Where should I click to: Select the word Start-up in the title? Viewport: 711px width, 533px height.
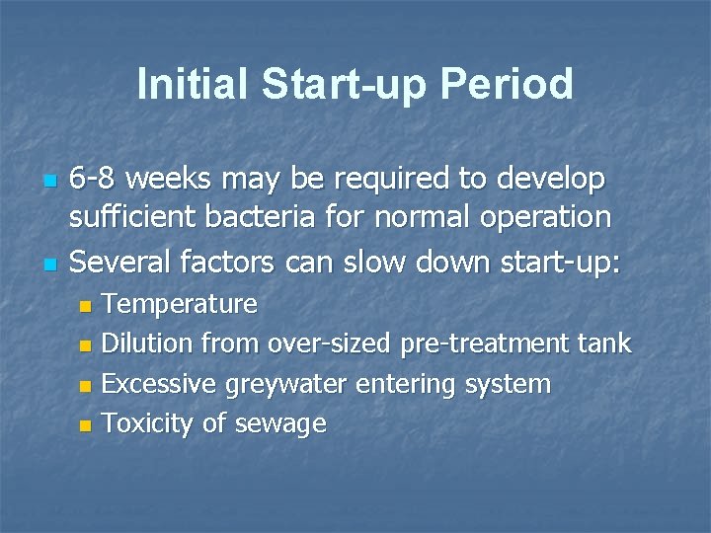(342, 86)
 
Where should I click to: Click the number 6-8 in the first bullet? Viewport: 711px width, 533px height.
(96, 180)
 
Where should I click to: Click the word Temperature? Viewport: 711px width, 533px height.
(180, 304)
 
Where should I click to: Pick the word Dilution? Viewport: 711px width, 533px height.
(148, 343)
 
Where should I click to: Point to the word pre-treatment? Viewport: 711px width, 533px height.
(485, 343)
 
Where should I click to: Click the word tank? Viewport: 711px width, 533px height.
(604, 343)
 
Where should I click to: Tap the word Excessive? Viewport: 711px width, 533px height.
(159, 383)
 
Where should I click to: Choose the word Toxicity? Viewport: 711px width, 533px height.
(148, 424)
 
